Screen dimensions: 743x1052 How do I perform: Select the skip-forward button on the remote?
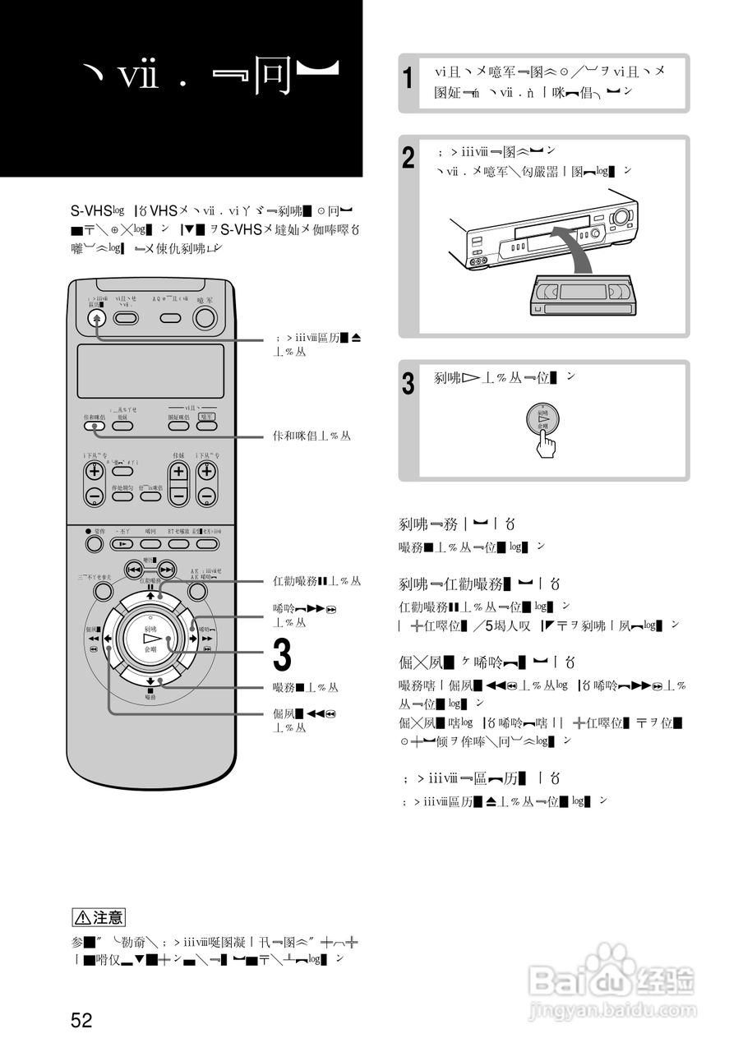pyautogui.click(x=167, y=569)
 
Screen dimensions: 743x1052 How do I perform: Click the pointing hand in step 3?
pyautogui.click(x=545, y=445)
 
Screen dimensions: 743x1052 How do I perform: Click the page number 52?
pyautogui.click(x=81, y=1021)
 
